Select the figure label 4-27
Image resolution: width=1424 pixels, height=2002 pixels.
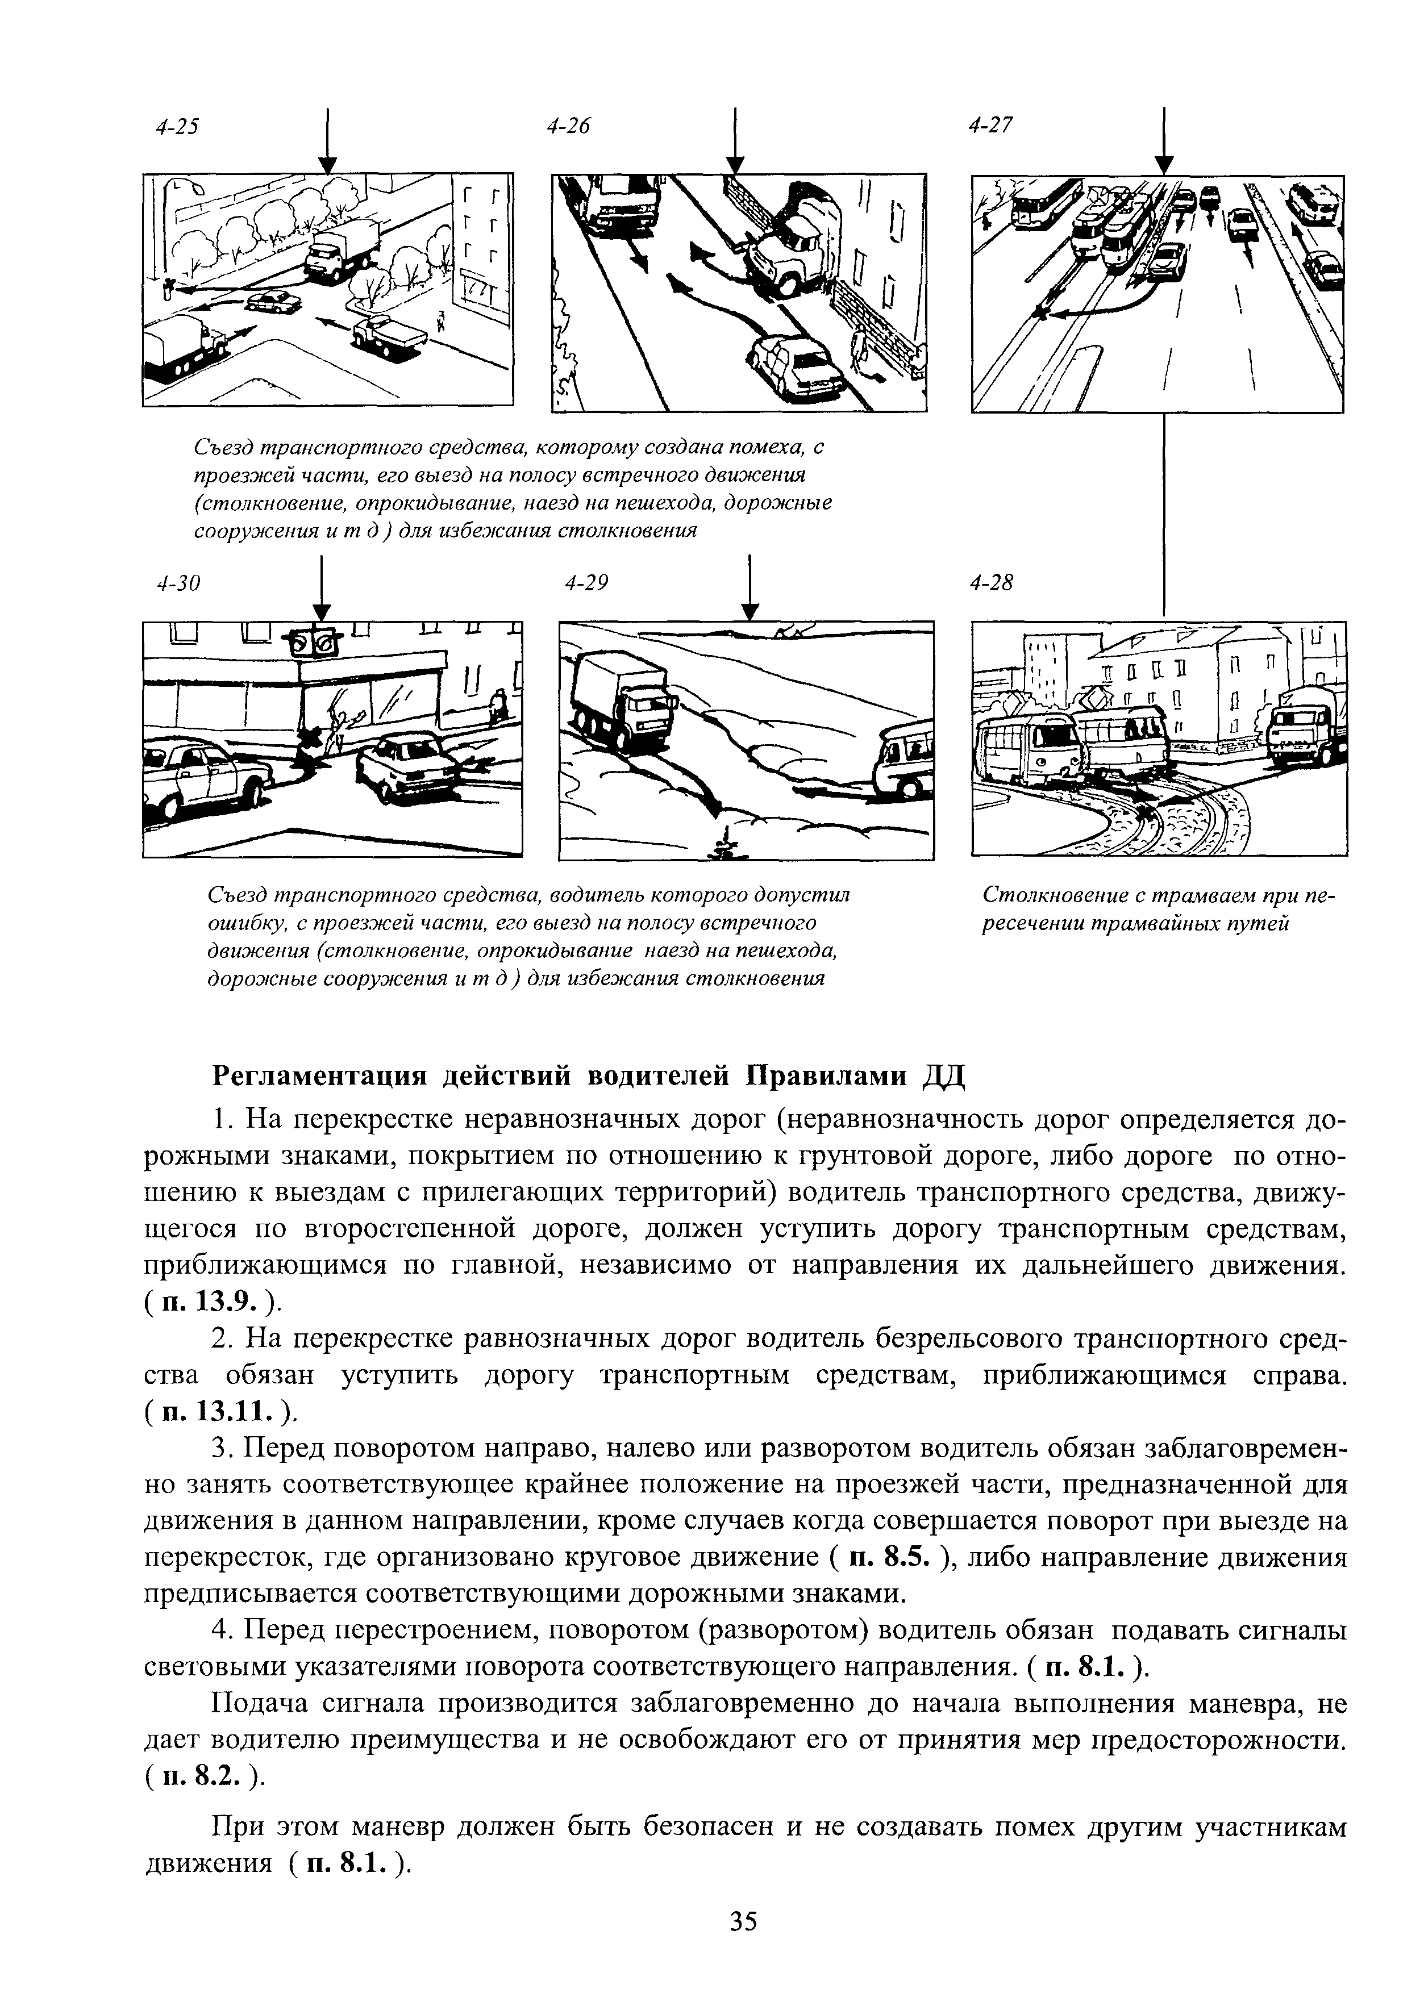tap(991, 126)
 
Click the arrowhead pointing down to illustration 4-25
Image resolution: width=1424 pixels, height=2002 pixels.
tap(327, 165)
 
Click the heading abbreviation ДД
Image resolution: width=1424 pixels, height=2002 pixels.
tap(943, 1077)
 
